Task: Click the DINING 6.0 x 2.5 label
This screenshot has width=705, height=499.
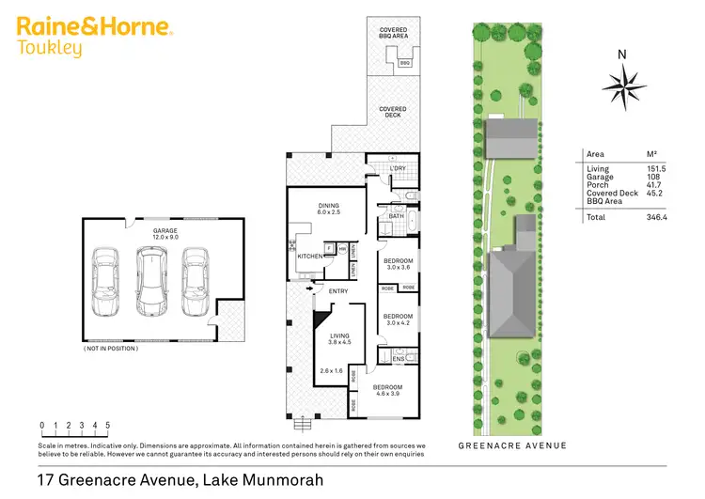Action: pos(328,210)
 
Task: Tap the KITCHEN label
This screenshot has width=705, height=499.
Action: pos(310,256)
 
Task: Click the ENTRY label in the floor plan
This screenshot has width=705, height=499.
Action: pos(338,291)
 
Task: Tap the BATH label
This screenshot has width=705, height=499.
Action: pos(396,215)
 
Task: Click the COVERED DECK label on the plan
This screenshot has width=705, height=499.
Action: pos(393,112)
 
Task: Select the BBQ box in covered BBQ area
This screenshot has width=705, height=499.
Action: pos(405,63)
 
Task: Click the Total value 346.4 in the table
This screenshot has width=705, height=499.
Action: pos(643,216)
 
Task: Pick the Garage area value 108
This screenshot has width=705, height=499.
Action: pos(641,177)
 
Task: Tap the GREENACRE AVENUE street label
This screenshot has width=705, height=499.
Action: pos(513,445)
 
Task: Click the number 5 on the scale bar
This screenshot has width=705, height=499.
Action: pos(108,425)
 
